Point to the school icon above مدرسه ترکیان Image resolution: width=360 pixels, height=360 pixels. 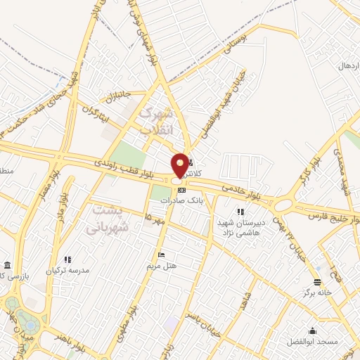pyautogui.click(x=67, y=259)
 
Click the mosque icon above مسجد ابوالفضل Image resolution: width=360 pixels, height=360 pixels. pyautogui.click(x=312, y=330)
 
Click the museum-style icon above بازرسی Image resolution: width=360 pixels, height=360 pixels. pyautogui.click(x=7, y=265)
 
